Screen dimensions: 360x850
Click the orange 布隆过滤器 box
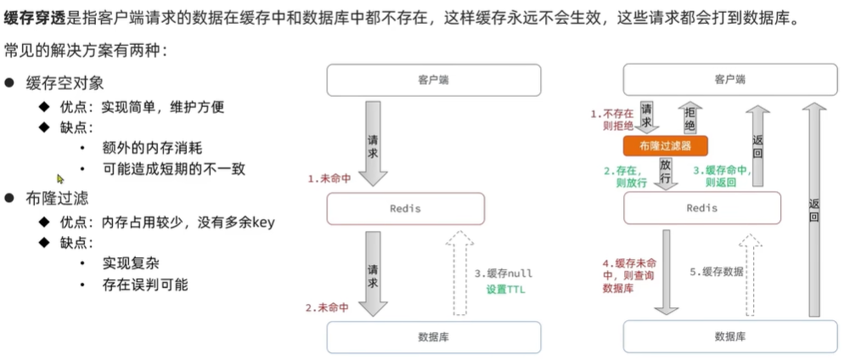click(665, 145)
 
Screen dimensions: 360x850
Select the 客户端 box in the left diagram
click(434, 80)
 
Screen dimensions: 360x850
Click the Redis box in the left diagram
click(405, 208)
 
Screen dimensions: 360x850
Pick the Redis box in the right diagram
click(701, 208)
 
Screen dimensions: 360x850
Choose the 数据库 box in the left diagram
click(434, 337)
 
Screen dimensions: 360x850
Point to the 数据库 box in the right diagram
click(729, 337)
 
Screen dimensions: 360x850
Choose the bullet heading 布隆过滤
click(58, 198)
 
